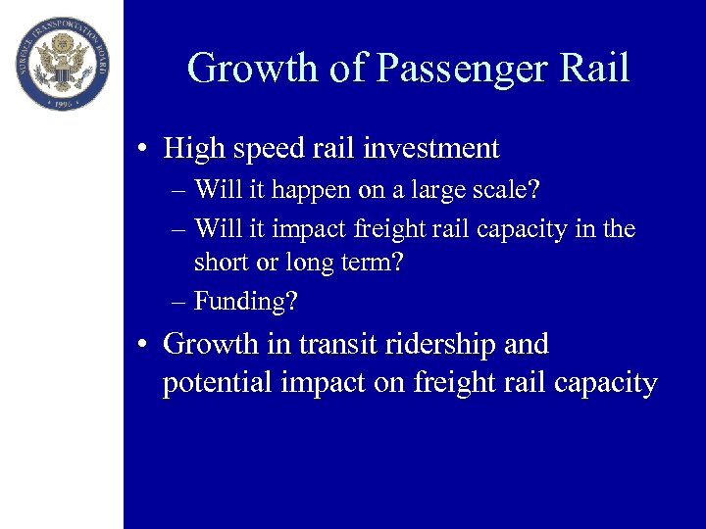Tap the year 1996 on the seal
pos(62,101)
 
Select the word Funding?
pos(246,301)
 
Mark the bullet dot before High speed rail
pos(143,150)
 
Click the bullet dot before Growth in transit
pos(143,346)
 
